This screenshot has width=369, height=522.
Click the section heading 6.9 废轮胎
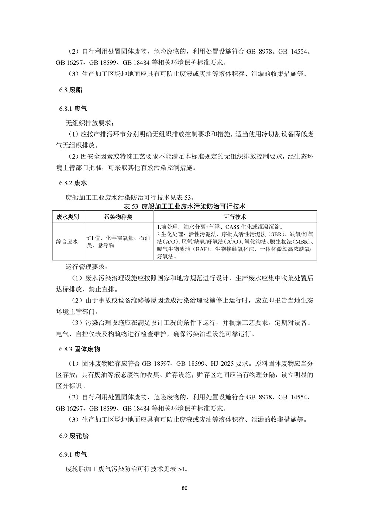[x=74, y=436]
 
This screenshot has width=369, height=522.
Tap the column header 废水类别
[x=68, y=217]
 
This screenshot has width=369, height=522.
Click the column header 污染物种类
[x=118, y=217]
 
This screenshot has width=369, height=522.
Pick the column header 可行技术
[x=235, y=217]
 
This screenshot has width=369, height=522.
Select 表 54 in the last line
[x=177, y=470]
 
